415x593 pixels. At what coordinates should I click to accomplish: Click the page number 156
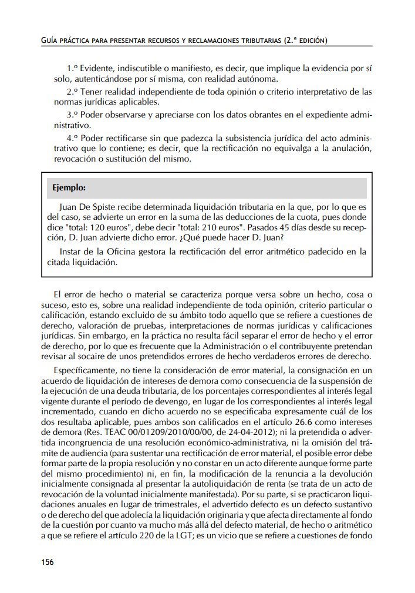click(48, 562)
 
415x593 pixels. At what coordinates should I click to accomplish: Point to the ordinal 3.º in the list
click(72, 114)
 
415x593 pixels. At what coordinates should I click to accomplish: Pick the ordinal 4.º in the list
click(72, 137)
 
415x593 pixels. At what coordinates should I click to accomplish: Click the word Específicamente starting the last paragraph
click(85, 371)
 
